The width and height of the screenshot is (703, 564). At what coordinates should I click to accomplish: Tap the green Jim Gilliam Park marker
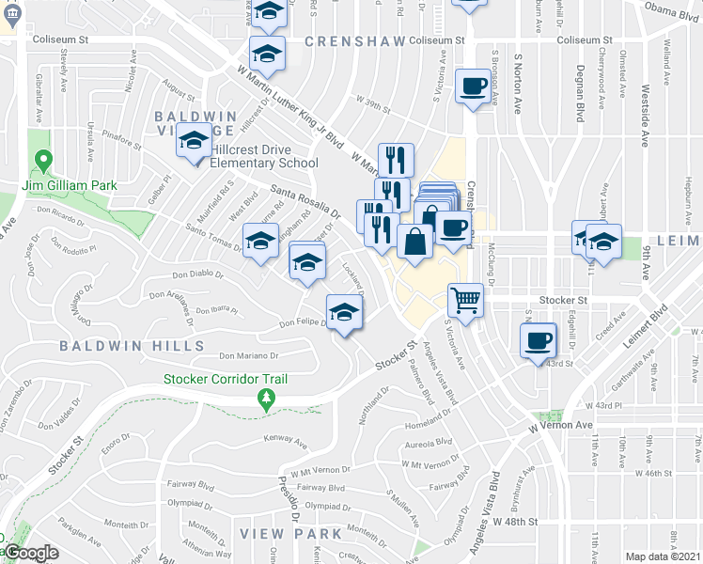(42, 162)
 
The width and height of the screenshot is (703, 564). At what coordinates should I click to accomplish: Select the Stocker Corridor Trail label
(226, 379)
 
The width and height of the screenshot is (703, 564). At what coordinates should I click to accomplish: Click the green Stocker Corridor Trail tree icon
(267, 400)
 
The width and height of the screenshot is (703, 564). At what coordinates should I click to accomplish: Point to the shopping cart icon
(465, 301)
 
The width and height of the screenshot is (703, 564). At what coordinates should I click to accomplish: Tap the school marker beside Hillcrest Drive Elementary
(195, 141)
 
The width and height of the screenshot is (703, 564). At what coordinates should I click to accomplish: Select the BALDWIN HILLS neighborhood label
(132, 346)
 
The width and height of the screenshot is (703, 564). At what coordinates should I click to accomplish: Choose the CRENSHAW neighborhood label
(355, 42)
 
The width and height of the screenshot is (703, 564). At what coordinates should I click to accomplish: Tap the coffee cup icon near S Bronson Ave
(473, 87)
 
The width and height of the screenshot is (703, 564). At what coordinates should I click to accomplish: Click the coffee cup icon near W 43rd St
(538, 340)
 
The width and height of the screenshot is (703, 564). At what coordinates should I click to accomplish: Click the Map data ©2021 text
(664, 556)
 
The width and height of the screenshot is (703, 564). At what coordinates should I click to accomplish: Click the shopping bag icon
(414, 242)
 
